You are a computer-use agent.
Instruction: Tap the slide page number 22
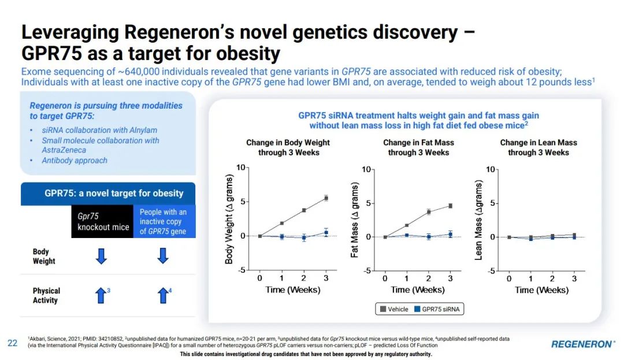click(12, 343)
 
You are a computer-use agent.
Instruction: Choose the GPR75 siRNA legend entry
click(437, 309)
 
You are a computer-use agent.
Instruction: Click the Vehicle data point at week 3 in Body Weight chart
click(326, 198)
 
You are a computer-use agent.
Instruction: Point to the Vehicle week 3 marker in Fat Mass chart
click(450, 206)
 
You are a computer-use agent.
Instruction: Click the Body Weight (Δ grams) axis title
click(229, 219)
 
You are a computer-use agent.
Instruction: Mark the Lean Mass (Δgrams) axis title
click(478, 220)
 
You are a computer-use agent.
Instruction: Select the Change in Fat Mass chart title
click(418, 147)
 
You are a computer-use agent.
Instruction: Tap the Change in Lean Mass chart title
click(538, 147)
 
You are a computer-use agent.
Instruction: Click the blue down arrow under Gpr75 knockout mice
click(101, 256)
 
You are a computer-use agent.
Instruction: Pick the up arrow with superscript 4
click(163, 296)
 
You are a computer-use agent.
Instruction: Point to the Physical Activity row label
click(46, 295)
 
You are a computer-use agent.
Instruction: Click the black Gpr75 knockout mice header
click(103, 221)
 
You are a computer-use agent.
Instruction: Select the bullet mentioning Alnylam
click(99, 130)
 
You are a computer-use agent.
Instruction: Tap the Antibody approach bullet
click(75, 160)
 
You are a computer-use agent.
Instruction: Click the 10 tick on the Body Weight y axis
click(242, 168)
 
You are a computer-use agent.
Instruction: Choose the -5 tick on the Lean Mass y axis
click(492, 271)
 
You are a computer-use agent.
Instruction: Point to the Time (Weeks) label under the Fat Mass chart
click(417, 290)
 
